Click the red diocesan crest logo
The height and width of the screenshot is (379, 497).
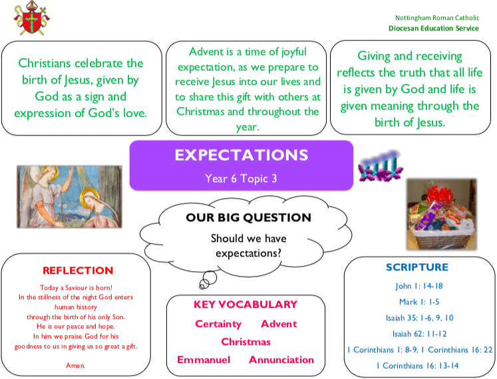31,18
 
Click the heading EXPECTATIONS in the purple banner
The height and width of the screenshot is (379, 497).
242,155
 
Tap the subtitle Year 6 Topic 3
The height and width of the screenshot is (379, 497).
241,178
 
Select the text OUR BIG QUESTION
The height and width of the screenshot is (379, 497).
249,217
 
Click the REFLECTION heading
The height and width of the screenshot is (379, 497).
78,271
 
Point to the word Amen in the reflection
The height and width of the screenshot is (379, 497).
75,366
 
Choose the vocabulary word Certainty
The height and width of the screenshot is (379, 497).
218,324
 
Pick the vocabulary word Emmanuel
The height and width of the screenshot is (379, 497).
204,360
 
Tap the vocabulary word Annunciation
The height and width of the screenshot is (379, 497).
281,360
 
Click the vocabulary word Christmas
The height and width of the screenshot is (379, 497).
246,342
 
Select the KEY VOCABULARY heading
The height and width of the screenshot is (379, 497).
246,305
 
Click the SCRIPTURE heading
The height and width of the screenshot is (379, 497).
417,267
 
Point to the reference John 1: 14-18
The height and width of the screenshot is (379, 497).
419,286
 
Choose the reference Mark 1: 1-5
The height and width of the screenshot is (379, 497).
419,302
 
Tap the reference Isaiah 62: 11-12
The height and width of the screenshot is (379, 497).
419,334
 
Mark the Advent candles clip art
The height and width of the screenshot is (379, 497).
380,166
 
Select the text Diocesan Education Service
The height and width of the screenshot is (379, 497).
434,28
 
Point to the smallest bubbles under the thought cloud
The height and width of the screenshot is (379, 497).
204,284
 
